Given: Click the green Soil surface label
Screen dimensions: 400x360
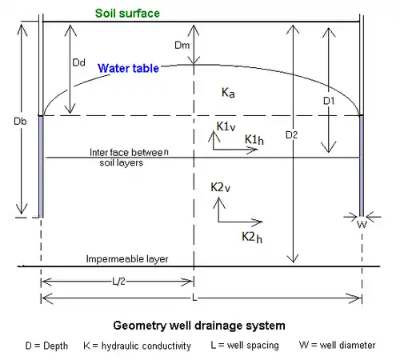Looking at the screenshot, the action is [127, 14].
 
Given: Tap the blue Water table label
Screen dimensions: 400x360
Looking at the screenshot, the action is [128, 68].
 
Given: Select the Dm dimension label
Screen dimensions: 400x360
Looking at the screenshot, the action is [182, 45].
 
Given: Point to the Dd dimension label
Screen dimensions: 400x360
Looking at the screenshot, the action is [79, 62].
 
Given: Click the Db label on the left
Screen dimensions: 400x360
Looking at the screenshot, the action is [20, 122].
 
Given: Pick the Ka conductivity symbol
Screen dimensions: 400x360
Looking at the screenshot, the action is [228, 93].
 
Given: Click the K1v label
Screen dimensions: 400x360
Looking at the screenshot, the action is [226, 126].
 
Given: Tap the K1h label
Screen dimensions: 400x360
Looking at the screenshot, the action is [254, 139].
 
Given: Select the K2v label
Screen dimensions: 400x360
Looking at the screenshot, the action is [220, 187].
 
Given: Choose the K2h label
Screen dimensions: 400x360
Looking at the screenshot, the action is [252, 237].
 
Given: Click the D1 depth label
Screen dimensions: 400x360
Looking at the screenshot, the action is [329, 101].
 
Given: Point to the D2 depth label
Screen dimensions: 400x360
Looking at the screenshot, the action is [291, 135].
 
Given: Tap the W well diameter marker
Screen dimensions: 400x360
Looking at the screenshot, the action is [362, 225].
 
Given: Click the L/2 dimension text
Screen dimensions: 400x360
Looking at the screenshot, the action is [118, 282].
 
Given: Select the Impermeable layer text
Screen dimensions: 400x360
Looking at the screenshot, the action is [127, 258].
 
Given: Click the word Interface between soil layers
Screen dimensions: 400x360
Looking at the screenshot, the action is [129, 158].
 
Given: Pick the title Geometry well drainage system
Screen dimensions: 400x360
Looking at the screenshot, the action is [199, 326].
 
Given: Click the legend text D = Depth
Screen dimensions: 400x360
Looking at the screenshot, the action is [46, 346].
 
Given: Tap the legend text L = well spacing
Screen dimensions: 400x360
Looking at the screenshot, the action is [245, 345].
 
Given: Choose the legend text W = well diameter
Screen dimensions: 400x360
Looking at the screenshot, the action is [338, 345].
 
